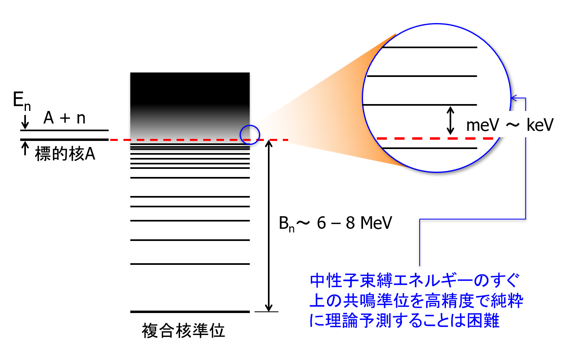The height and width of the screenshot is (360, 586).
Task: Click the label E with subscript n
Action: point(22,101)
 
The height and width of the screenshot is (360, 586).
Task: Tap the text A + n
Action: point(64,118)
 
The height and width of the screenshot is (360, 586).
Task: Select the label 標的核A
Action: point(65,154)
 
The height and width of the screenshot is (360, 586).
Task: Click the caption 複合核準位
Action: point(183,331)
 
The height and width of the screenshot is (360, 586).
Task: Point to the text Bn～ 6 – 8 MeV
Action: point(335,224)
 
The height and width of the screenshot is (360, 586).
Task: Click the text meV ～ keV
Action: point(510,125)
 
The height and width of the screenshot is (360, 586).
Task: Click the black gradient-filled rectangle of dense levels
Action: point(190,110)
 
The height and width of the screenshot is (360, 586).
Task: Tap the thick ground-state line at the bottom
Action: point(190,311)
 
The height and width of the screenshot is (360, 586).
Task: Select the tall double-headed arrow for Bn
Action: point(269,226)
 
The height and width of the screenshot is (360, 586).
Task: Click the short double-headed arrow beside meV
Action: point(450,120)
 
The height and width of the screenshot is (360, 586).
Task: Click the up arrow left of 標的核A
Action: point(25,149)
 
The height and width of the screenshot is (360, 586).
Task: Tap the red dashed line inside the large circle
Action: point(435,138)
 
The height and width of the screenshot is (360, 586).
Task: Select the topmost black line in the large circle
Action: point(429,47)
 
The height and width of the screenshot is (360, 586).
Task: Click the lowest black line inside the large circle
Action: point(429,148)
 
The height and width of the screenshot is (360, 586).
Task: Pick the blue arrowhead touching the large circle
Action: point(514,98)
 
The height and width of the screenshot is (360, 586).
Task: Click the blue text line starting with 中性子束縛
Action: point(415,280)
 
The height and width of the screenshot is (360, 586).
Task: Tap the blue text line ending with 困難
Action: point(404,320)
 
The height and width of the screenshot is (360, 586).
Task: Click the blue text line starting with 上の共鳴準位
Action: point(416,300)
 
